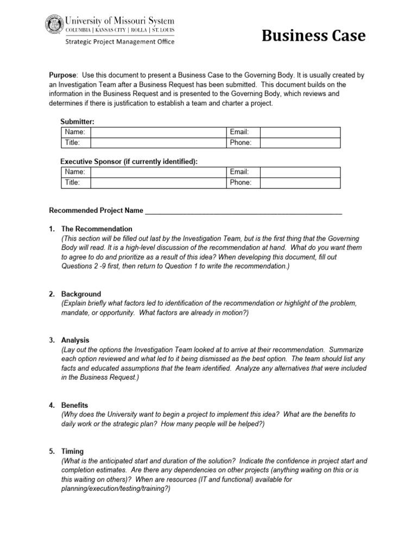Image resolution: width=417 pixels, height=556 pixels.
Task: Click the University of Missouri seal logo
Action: pos(54,26)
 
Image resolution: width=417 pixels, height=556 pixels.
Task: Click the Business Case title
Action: pos(314,36)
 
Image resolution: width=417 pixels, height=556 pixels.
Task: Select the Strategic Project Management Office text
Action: pos(120,42)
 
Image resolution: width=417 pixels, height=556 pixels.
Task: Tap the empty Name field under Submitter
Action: pos(157,132)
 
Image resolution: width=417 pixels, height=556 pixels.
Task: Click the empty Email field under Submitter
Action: pos(300,132)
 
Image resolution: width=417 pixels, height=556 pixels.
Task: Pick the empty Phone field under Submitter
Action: pos(300,143)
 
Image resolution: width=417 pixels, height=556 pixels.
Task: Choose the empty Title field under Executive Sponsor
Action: pos(157,182)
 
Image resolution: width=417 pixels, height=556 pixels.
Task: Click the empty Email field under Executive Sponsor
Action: pos(300,172)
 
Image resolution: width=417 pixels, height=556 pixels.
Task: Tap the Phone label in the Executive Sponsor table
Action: pos(241,182)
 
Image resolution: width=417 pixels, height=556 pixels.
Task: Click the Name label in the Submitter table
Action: pos(74,132)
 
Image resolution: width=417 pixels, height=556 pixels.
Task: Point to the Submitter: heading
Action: pos(77,122)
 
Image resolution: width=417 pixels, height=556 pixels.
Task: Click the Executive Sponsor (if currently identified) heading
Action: pos(129,162)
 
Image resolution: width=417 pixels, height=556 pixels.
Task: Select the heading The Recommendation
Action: pos(97,229)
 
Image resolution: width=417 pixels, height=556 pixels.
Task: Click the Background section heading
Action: pos(81,294)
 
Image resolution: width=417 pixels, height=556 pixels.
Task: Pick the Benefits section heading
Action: pos(75,406)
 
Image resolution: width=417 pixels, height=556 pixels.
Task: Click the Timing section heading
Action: pos(73,451)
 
